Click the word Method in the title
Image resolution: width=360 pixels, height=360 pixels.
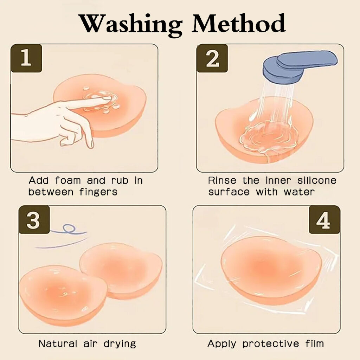[x=239, y=23]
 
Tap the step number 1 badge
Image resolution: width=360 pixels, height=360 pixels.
[x=26, y=58]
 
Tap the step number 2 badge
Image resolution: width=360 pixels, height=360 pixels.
[x=212, y=58]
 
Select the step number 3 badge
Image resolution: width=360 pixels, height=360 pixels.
[x=34, y=220]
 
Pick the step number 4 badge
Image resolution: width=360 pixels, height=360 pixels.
[x=324, y=220]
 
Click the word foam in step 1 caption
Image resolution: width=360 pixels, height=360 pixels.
[x=68, y=180]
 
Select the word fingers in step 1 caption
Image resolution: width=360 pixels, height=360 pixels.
[x=98, y=192]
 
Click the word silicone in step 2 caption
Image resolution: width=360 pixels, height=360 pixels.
[x=317, y=180]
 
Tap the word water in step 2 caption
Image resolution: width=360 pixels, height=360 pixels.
[x=299, y=192]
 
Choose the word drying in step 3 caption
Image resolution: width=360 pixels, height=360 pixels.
[x=120, y=344]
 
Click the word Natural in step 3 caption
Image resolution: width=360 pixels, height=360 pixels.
[x=58, y=344]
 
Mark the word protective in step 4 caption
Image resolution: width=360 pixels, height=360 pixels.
[x=271, y=344]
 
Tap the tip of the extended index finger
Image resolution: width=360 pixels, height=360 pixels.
[x=110, y=99]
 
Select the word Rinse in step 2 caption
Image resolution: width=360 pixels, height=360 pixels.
[x=222, y=180]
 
